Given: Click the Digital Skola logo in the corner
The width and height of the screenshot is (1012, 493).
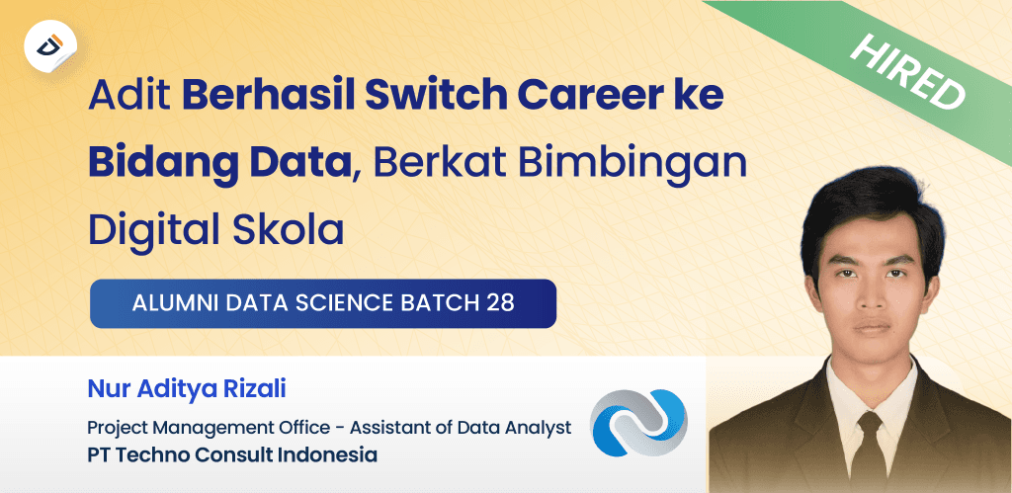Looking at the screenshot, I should [50, 45].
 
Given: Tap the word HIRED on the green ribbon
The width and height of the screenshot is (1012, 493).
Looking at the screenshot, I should [907, 72].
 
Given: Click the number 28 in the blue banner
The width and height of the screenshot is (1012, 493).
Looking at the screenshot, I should [500, 303].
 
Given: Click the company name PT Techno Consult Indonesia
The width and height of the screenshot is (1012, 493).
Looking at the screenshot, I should [232, 455].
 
